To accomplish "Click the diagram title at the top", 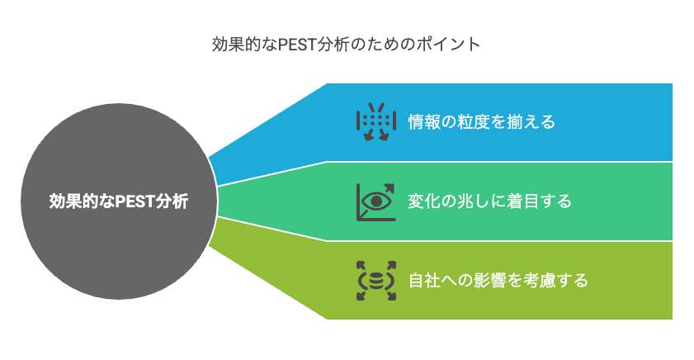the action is pyautogui.click(x=346, y=45).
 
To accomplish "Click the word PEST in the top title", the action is pyautogui.click(x=297, y=45).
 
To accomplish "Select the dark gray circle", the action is pyautogui.click(x=119, y=201).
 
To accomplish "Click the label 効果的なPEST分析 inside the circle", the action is pyautogui.click(x=119, y=201).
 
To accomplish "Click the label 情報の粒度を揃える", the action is pyautogui.click(x=482, y=121).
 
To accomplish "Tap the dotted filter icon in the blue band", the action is pyautogui.click(x=376, y=121).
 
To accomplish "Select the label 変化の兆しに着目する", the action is pyautogui.click(x=489, y=201).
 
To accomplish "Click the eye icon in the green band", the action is pyautogui.click(x=376, y=202).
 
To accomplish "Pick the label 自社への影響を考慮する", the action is pyautogui.click(x=498, y=280).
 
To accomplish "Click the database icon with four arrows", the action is pyautogui.click(x=376, y=281).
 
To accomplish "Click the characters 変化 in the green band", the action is pyautogui.click(x=424, y=201).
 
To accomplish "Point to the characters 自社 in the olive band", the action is pyautogui.click(x=424, y=280).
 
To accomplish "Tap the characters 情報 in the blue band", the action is pyautogui.click(x=424, y=121).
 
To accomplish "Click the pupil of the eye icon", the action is pyautogui.click(x=376, y=202).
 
